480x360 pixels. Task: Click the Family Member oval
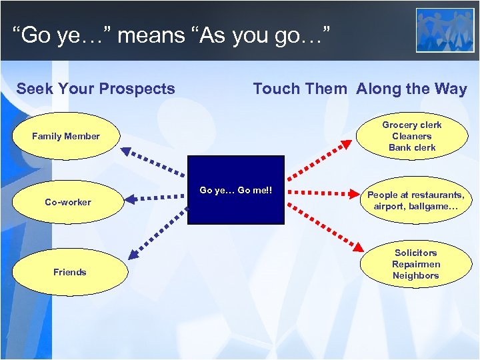pos(65,136)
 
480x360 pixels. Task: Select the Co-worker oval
pos(67,202)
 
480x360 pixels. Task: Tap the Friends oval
pos(69,272)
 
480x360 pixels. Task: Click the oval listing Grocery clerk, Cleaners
pos(411,136)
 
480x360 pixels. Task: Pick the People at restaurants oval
pos(415,200)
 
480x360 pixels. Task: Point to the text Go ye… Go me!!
pos(236,190)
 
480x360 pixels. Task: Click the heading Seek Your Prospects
pos(95,89)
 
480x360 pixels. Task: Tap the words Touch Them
pos(300,89)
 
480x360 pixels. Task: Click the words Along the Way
pos(411,89)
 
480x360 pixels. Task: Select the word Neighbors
pos(415,276)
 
